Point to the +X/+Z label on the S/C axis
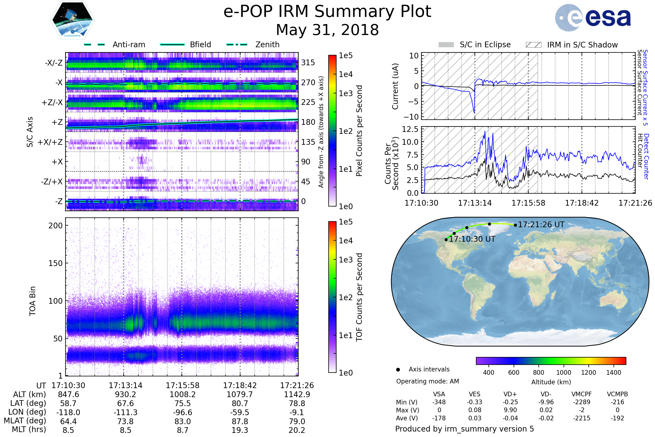tap(50, 142)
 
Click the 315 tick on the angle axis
tap(308, 63)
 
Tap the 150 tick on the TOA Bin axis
tap(55, 263)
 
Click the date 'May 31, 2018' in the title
tap(327, 30)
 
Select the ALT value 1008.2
tap(183, 395)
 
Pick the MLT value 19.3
tap(240, 430)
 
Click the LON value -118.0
tap(68, 412)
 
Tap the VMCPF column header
tap(582, 394)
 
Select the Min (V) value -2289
tap(582, 402)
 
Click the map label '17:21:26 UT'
tap(541, 225)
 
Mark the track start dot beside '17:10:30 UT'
tap(446, 240)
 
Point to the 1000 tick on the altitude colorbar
tap(564, 373)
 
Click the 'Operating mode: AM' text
tap(427, 381)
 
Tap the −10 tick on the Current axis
tap(411, 117)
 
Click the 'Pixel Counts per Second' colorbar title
tap(359, 131)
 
